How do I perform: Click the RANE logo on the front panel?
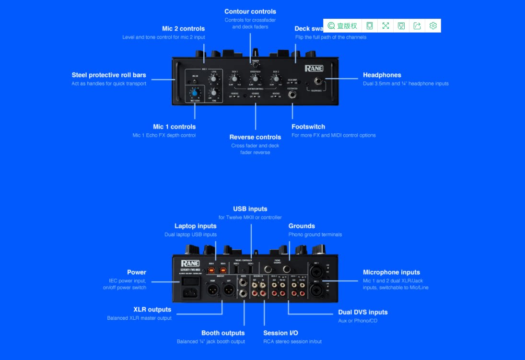click(x=314, y=69)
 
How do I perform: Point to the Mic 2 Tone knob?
click(x=214, y=92)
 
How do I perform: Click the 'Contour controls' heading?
click(x=250, y=12)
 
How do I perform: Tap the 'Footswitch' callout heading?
click(x=308, y=127)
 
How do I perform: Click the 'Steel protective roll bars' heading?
click(x=109, y=75)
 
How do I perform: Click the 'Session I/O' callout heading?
click(x=280, y=333)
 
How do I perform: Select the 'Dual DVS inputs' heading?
click(x=363, y=312)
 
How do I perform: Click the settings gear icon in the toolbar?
click(x=433, y=25)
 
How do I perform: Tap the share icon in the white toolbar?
click(x=417, y=25)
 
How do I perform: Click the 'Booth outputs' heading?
click(x=223, y=333)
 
